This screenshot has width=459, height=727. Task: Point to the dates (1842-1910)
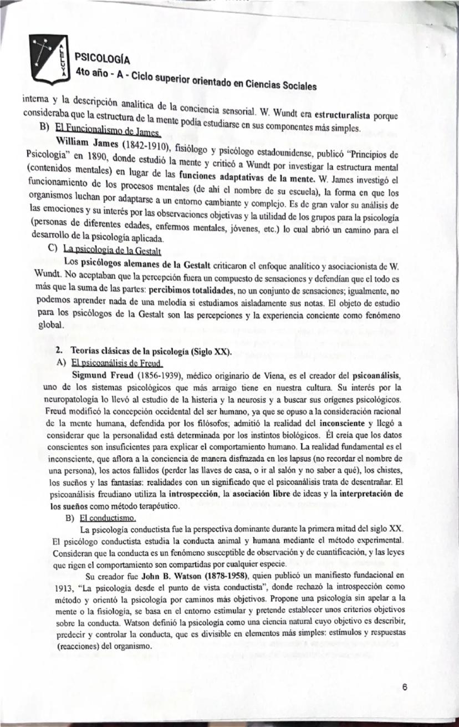click(145, 145)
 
